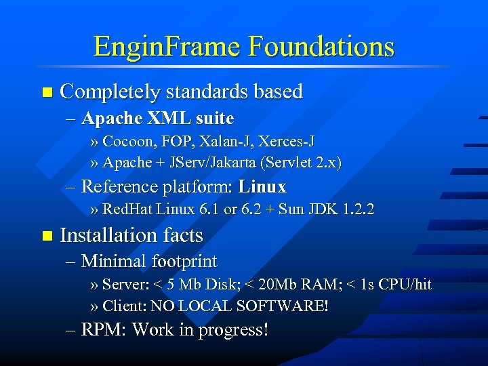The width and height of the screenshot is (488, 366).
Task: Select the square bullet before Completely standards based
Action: (45, 91)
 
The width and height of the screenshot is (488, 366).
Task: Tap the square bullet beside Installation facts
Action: (45, 236)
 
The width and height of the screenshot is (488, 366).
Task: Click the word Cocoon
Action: (127, 141)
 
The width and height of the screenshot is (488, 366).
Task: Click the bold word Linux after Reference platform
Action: (262, 186)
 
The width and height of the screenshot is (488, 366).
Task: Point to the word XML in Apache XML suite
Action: (169, 119)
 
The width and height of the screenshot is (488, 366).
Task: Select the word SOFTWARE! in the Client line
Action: (282, 306)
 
